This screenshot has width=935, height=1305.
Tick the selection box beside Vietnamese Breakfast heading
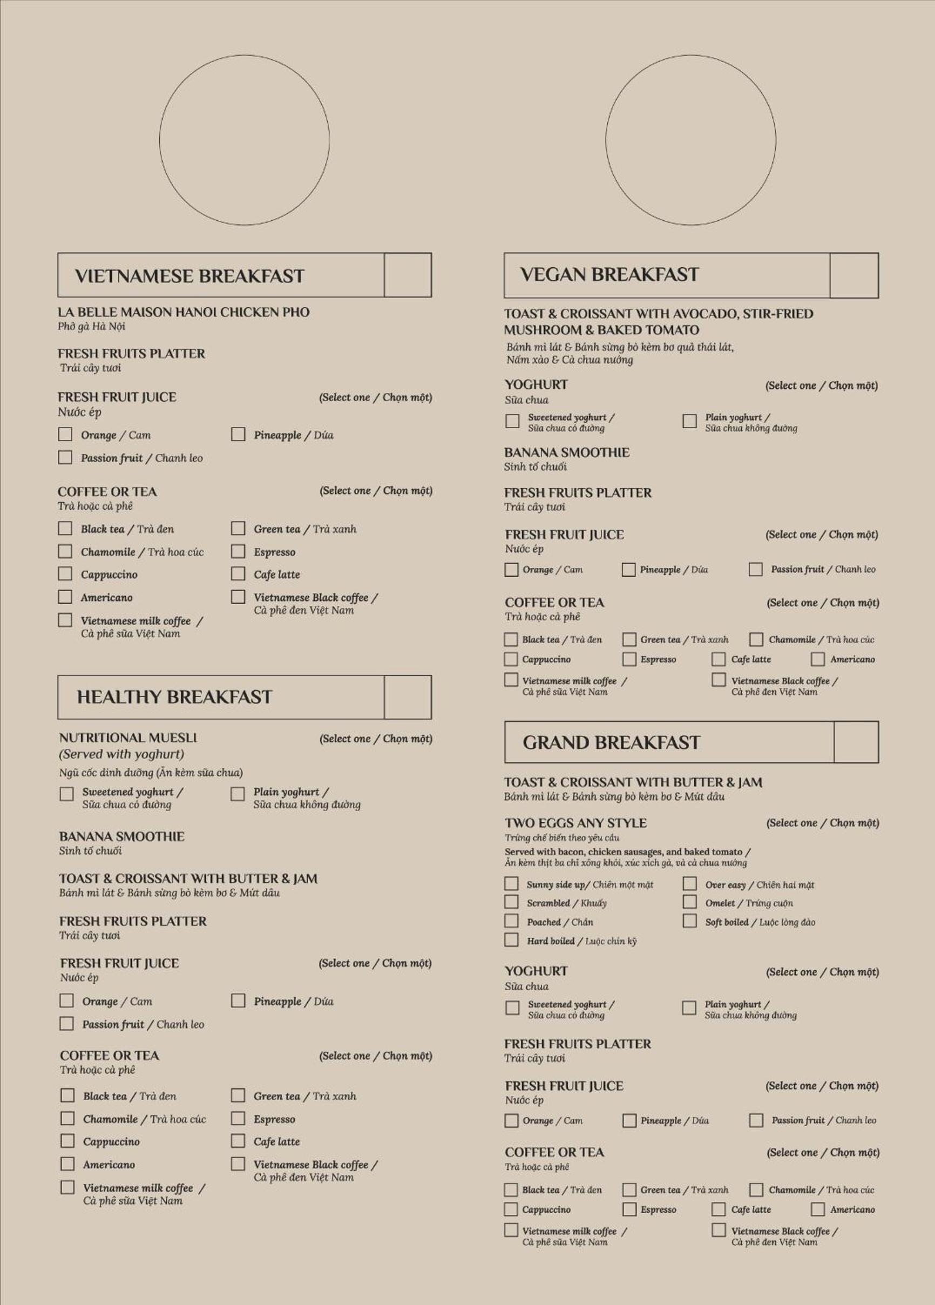tap(408, 275)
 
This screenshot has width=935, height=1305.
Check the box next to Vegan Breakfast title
tap(854, 275)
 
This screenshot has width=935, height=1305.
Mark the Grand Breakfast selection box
tap(856, 742)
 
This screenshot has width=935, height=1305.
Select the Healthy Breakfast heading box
tap(408, 698)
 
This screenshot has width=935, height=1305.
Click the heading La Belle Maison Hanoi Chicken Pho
tap(183, 313)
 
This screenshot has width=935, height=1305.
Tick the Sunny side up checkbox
tap(511, 884)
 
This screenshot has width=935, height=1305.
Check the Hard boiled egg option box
tap(511, 940)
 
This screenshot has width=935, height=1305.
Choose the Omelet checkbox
tap(689, 902)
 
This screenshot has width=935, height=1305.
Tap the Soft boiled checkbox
tap(689, 921)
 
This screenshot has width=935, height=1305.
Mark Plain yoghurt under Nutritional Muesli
tap(238, 795)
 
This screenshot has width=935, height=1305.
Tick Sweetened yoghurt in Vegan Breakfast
tap(512, 421)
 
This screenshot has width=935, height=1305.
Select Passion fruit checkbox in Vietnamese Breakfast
tap(66, 457)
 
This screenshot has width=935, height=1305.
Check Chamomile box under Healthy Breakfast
tap(67, 1118)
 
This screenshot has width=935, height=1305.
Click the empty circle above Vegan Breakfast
tap(690, 140)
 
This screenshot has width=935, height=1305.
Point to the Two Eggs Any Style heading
tap(575, 823)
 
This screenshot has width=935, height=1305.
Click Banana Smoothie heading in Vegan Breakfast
tap(567, 452)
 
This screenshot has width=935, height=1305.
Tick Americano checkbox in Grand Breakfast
tap(818, 1209)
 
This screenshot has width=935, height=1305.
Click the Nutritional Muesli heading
tap(128, 738)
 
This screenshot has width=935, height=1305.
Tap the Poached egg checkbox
tap(511, 921)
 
